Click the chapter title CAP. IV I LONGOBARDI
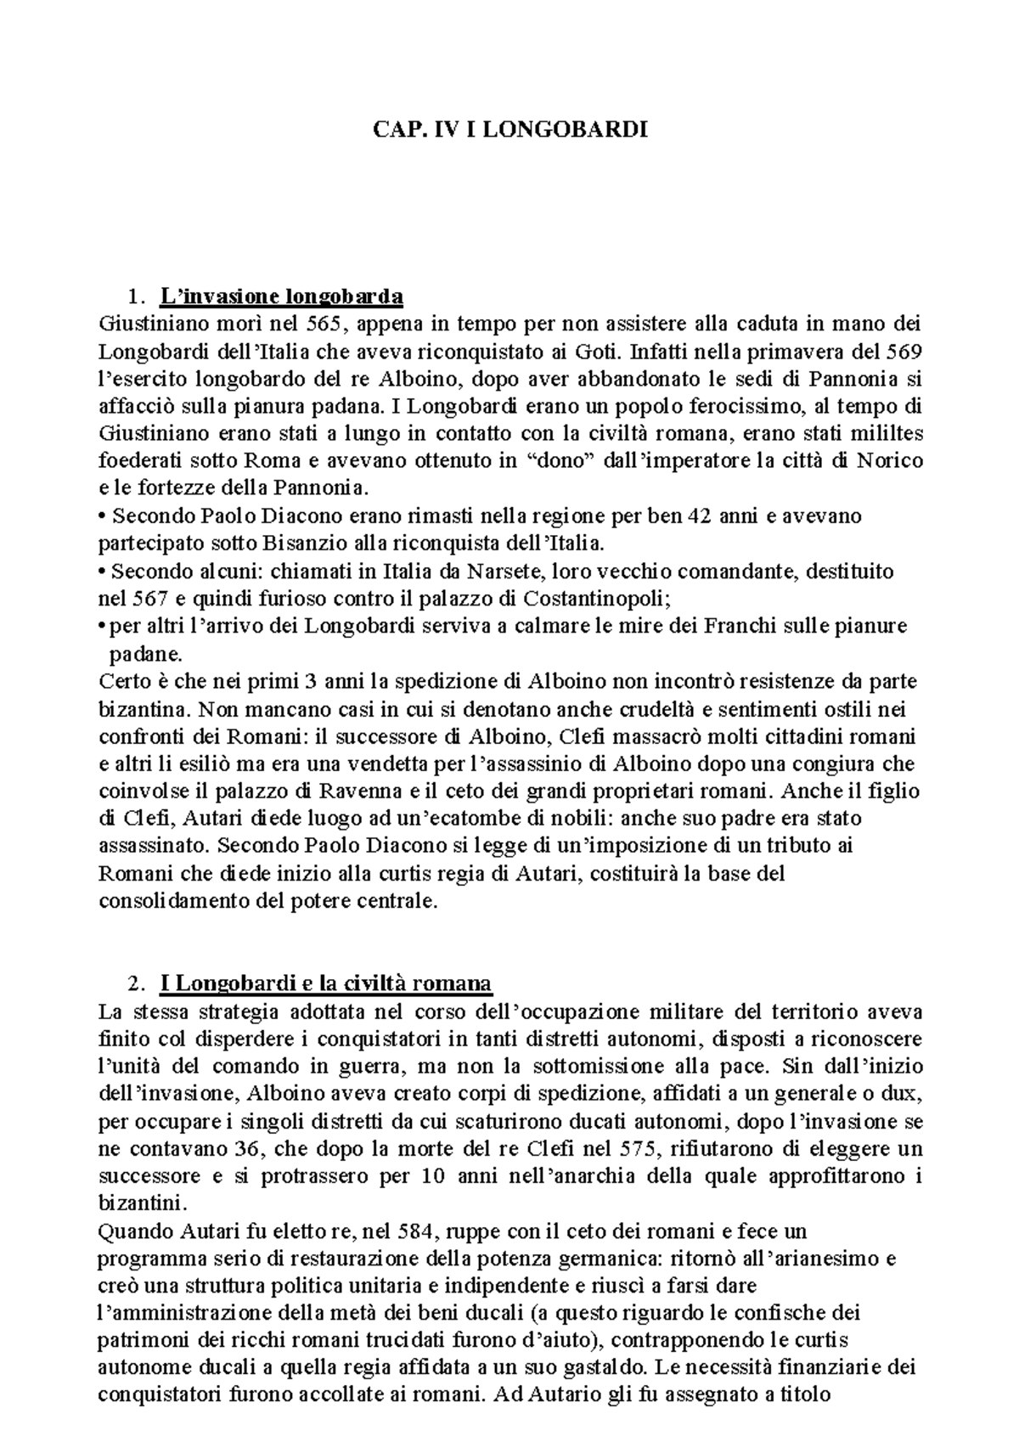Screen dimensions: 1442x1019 pos(509,130)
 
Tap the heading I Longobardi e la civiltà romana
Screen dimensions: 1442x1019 pos(325,983)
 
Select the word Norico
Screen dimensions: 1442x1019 pos(889,461)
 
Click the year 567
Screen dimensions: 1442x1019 pos(136,599)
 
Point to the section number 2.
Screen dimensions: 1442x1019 pos(132,983)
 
